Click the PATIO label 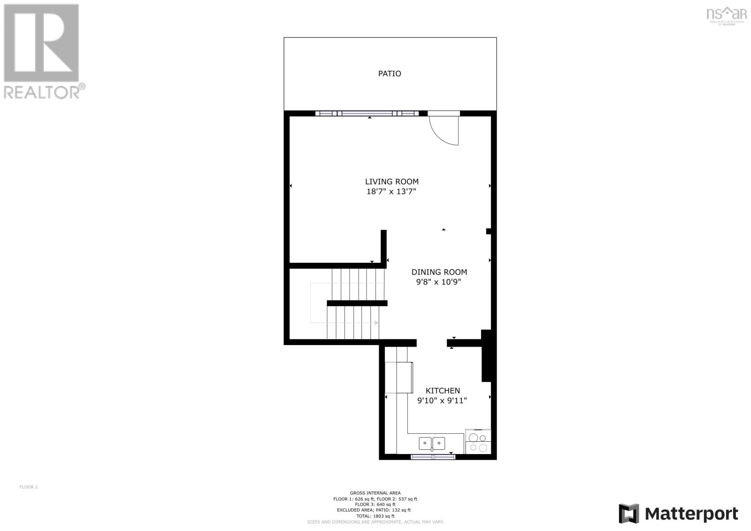[390, 74]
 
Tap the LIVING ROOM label [392, 182]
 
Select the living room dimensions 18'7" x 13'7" [391, 192]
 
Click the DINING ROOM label [439, 272]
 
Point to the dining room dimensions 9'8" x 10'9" [439, 282]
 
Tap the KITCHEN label [443, 391]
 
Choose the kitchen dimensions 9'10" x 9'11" [442, 400]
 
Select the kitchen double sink [432, 443]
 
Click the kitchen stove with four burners [478, 442]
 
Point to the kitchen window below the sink [433, 457]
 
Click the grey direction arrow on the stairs [375, 323]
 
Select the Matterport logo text [691, 514]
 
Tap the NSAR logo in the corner [726, 14]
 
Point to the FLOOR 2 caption [29, 487]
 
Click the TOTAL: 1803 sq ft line [375, 516]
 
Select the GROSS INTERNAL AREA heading [375, 493]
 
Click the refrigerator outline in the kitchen [398, 377]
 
